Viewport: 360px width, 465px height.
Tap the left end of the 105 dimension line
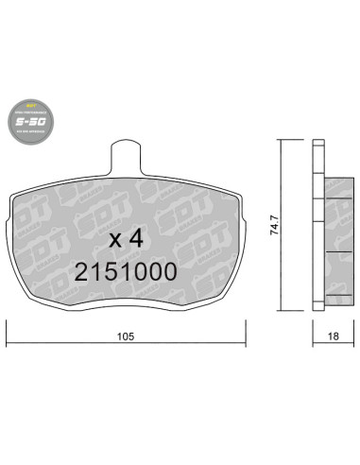(x=9, y=346)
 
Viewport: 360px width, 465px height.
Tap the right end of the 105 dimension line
(x=247, y=346)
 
